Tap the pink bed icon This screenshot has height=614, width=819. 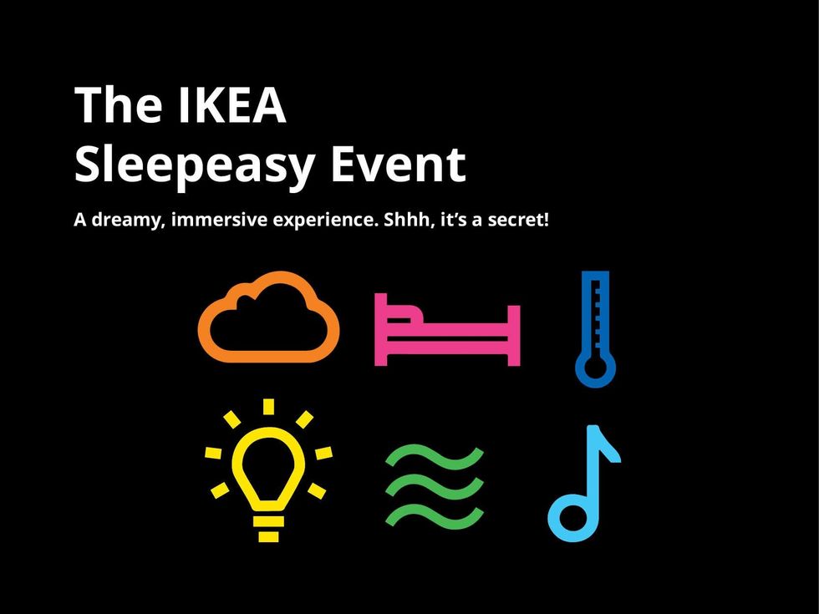pyautogui.click(x=447, y=330)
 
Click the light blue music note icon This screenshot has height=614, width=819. pyautogui.click(x=584, y=484)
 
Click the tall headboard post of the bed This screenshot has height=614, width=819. pyautogui.click(x=379, y=329)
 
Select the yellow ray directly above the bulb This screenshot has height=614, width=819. pyautogui.click(x=268, y=407)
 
